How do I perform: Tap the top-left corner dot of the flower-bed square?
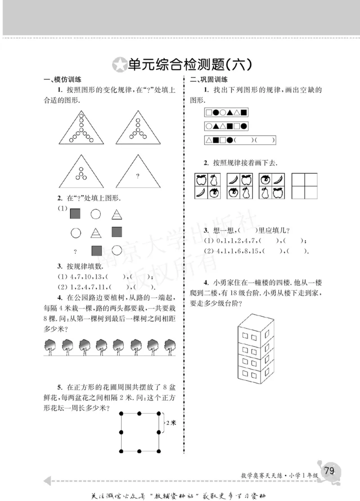point(121,413)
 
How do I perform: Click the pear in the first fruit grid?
point(215,180)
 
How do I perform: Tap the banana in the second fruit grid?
point(234,180)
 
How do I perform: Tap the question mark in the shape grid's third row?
point(75,251)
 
